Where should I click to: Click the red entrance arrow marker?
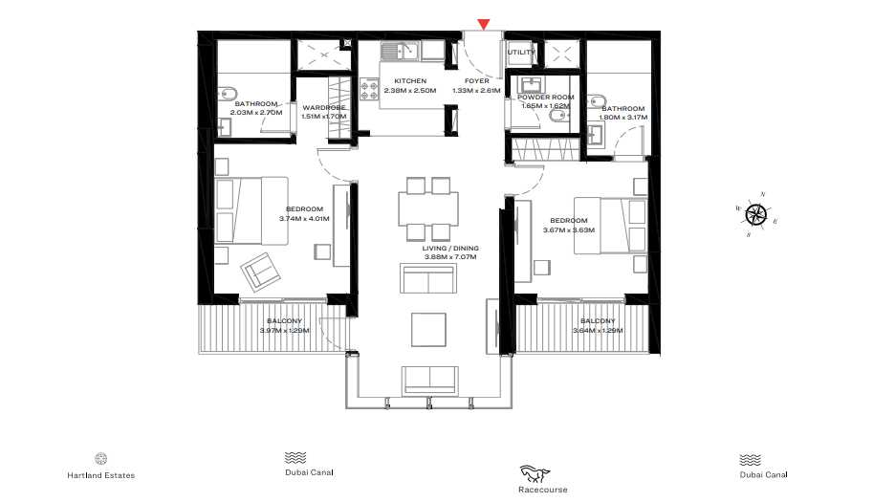484,24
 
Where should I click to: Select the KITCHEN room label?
403,81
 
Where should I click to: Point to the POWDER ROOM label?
545,97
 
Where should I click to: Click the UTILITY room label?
521,53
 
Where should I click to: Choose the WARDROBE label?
323,108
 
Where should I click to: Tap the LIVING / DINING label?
450,248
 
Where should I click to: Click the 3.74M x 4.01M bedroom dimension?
304,218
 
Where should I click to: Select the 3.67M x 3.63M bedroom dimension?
570,229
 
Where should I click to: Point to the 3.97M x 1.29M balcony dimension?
284,331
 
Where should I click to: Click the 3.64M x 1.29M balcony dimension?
598,331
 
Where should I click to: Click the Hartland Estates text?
100,475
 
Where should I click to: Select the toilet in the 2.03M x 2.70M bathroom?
223,93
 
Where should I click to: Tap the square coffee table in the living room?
427,329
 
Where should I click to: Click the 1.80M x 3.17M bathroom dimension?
622,118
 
